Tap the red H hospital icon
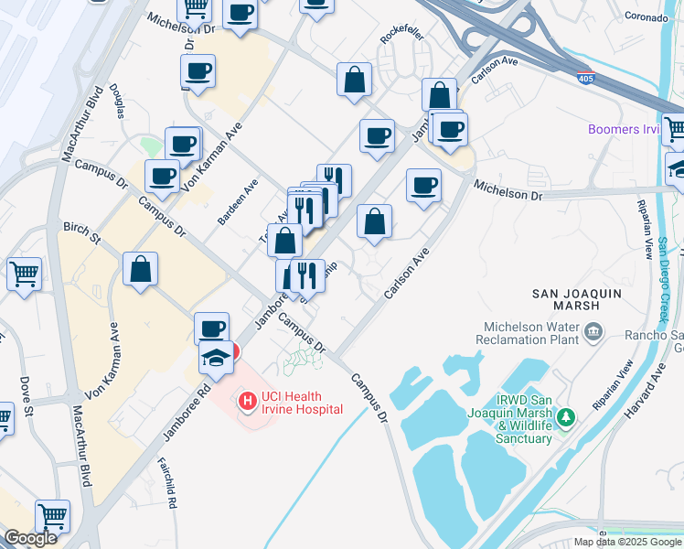point(246,401)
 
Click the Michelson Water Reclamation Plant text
point(529,332)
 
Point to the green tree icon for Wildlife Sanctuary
point(567,418)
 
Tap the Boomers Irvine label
point(627,129)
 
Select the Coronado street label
point(647,16)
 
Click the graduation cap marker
point(215,357)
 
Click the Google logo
point(30,538)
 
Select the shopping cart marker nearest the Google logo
point(53,515)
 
